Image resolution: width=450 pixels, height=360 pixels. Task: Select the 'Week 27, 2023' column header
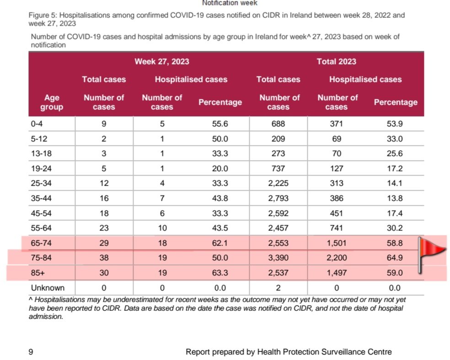tap(162, 61)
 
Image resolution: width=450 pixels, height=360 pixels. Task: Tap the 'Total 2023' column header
tap(336, 61)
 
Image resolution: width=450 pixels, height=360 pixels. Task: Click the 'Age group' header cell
tap(52, 102)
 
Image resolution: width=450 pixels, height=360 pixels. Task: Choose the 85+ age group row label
tap(38, 273)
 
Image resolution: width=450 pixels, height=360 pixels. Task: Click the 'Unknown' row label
tap(48, 288)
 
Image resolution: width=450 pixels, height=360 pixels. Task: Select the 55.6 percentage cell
tap(220, 124)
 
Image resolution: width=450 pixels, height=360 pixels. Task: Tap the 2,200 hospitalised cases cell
tap(336, 258)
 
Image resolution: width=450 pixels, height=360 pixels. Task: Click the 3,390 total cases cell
tap(279, 258)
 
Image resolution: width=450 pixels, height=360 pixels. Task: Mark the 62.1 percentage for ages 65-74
tap(220, 243)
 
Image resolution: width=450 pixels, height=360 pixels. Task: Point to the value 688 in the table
tap(279, 124)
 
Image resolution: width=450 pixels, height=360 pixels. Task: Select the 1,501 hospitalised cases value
tap(336, 243)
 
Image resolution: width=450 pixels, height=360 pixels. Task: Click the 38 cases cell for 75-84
tap(104, 258)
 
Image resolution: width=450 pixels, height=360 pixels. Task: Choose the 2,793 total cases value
tap(279, 198)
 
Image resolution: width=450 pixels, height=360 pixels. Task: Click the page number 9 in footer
tap(31, 352)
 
